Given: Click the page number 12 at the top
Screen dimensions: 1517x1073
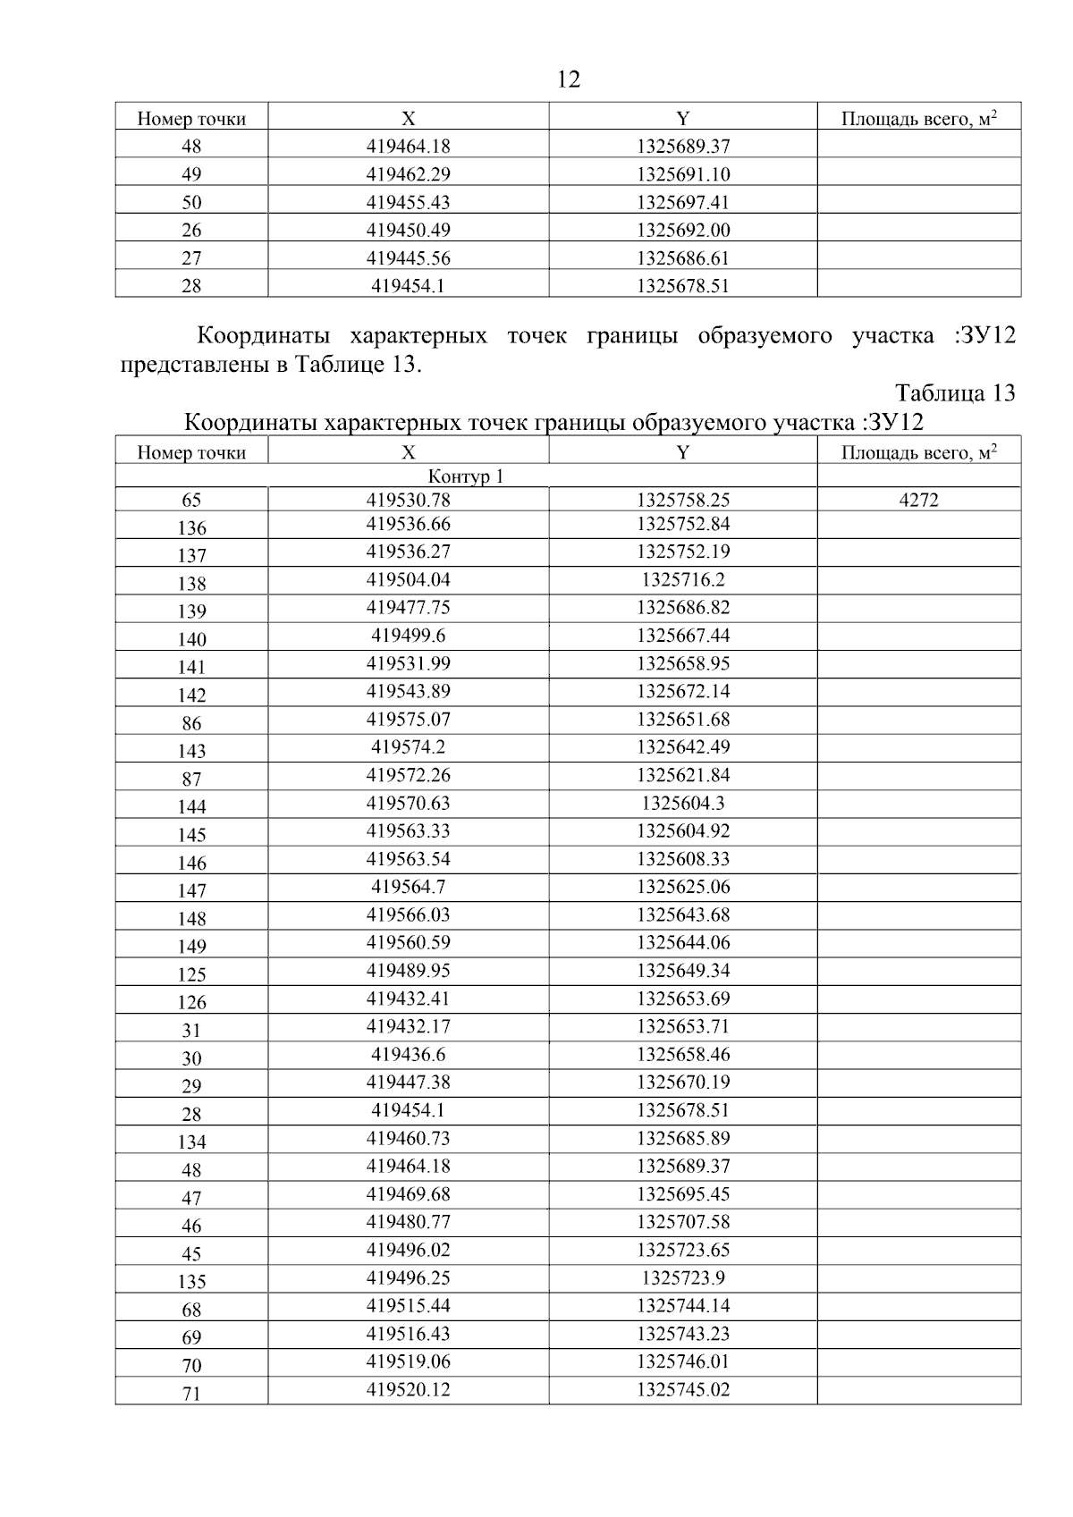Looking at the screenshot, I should coord(569,80).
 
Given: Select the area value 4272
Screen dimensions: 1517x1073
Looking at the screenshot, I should coord(918,501).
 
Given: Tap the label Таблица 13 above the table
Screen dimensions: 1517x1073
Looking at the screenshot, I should coord(954,393).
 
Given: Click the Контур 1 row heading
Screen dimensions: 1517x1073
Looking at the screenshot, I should coord(466,476).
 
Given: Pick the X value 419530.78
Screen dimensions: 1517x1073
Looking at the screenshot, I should coord(408,501).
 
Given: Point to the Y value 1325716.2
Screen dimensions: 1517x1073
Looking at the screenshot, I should coord(683,579).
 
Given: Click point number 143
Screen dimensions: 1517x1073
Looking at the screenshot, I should coord(191,751).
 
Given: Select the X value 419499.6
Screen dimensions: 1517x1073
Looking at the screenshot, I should coord(408,636).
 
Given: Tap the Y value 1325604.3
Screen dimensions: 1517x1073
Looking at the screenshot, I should coord(683,803).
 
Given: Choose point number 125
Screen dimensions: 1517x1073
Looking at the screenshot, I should coord(191,974).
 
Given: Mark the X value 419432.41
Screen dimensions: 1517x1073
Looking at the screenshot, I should coord(408,999).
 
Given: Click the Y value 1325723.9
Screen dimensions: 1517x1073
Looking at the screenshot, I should coord(683,1277).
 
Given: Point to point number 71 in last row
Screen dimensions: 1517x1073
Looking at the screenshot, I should coord(191,1394).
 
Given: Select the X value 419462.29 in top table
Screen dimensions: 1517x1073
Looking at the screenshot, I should coord(408,174).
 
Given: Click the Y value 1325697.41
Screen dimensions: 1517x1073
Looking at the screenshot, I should coord(683,202).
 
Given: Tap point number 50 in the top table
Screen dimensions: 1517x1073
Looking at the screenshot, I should coord(191,202).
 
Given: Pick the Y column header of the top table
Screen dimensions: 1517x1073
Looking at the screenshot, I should coord(683,118).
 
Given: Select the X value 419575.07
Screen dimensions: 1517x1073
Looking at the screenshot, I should coord(408,719).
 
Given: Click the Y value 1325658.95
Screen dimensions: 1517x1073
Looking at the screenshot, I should coord(683,663).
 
